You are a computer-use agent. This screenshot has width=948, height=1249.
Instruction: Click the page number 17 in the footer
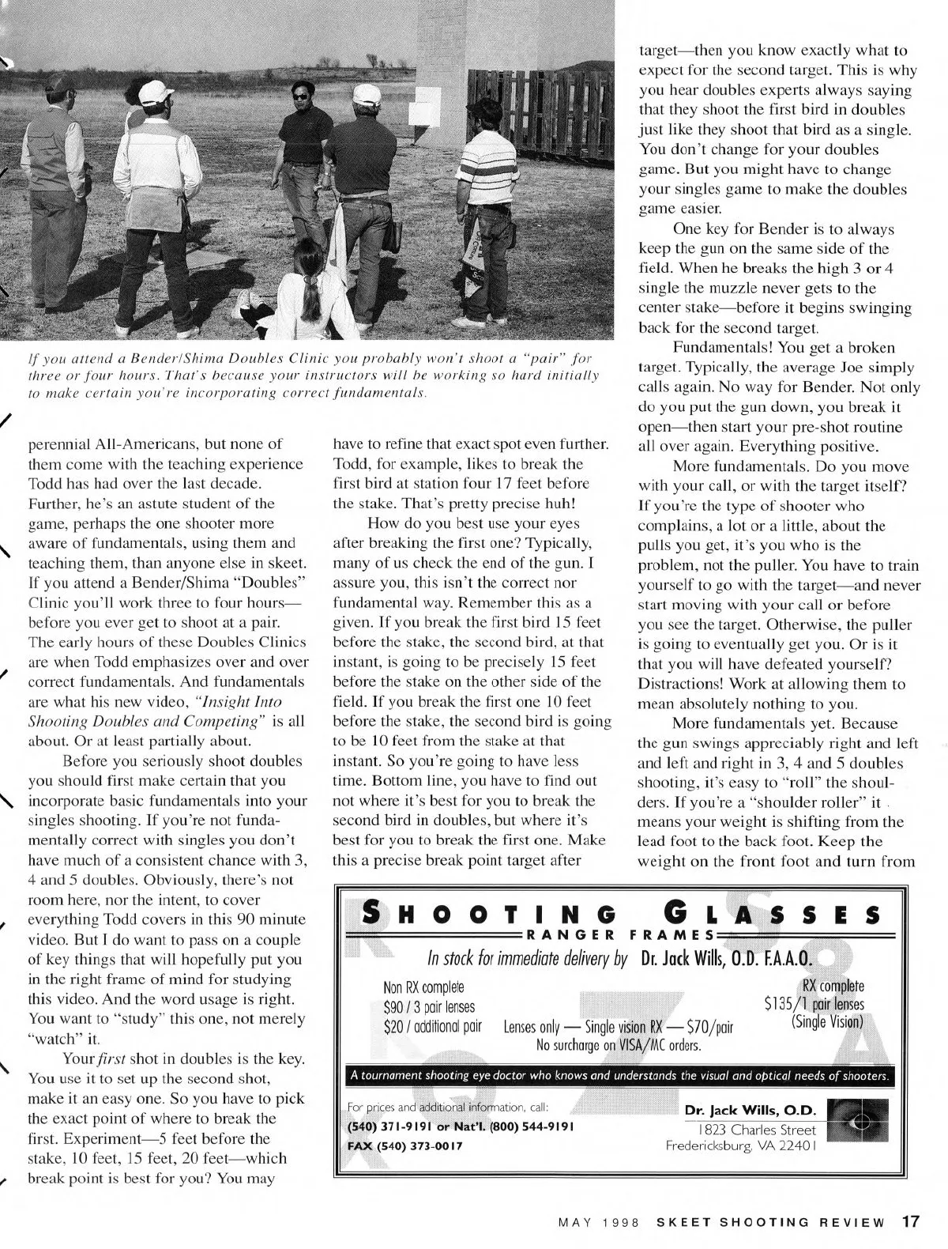909,1221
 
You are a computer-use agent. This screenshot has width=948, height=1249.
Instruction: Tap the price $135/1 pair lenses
814,1004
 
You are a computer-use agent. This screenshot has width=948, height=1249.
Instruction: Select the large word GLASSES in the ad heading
771,915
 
